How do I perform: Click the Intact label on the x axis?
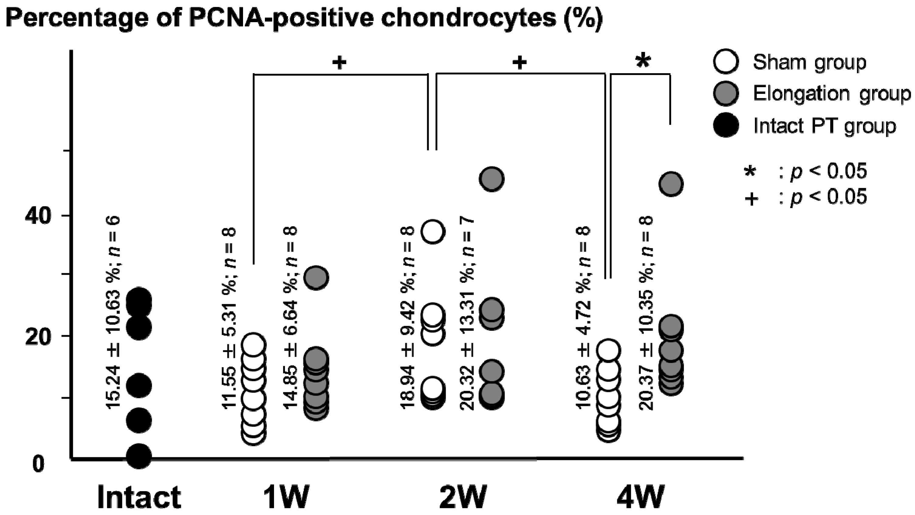click(x=139, y=497)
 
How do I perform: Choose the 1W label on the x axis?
click(x=286, y=497)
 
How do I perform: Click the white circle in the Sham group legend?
click(x=726, y=62)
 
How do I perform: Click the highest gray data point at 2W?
click(x=492, y=179)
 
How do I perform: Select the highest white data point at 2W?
click(x=433, y=232)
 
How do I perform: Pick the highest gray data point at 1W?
click(x=316, y=277)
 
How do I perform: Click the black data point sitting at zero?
click(x=139, y=456)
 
